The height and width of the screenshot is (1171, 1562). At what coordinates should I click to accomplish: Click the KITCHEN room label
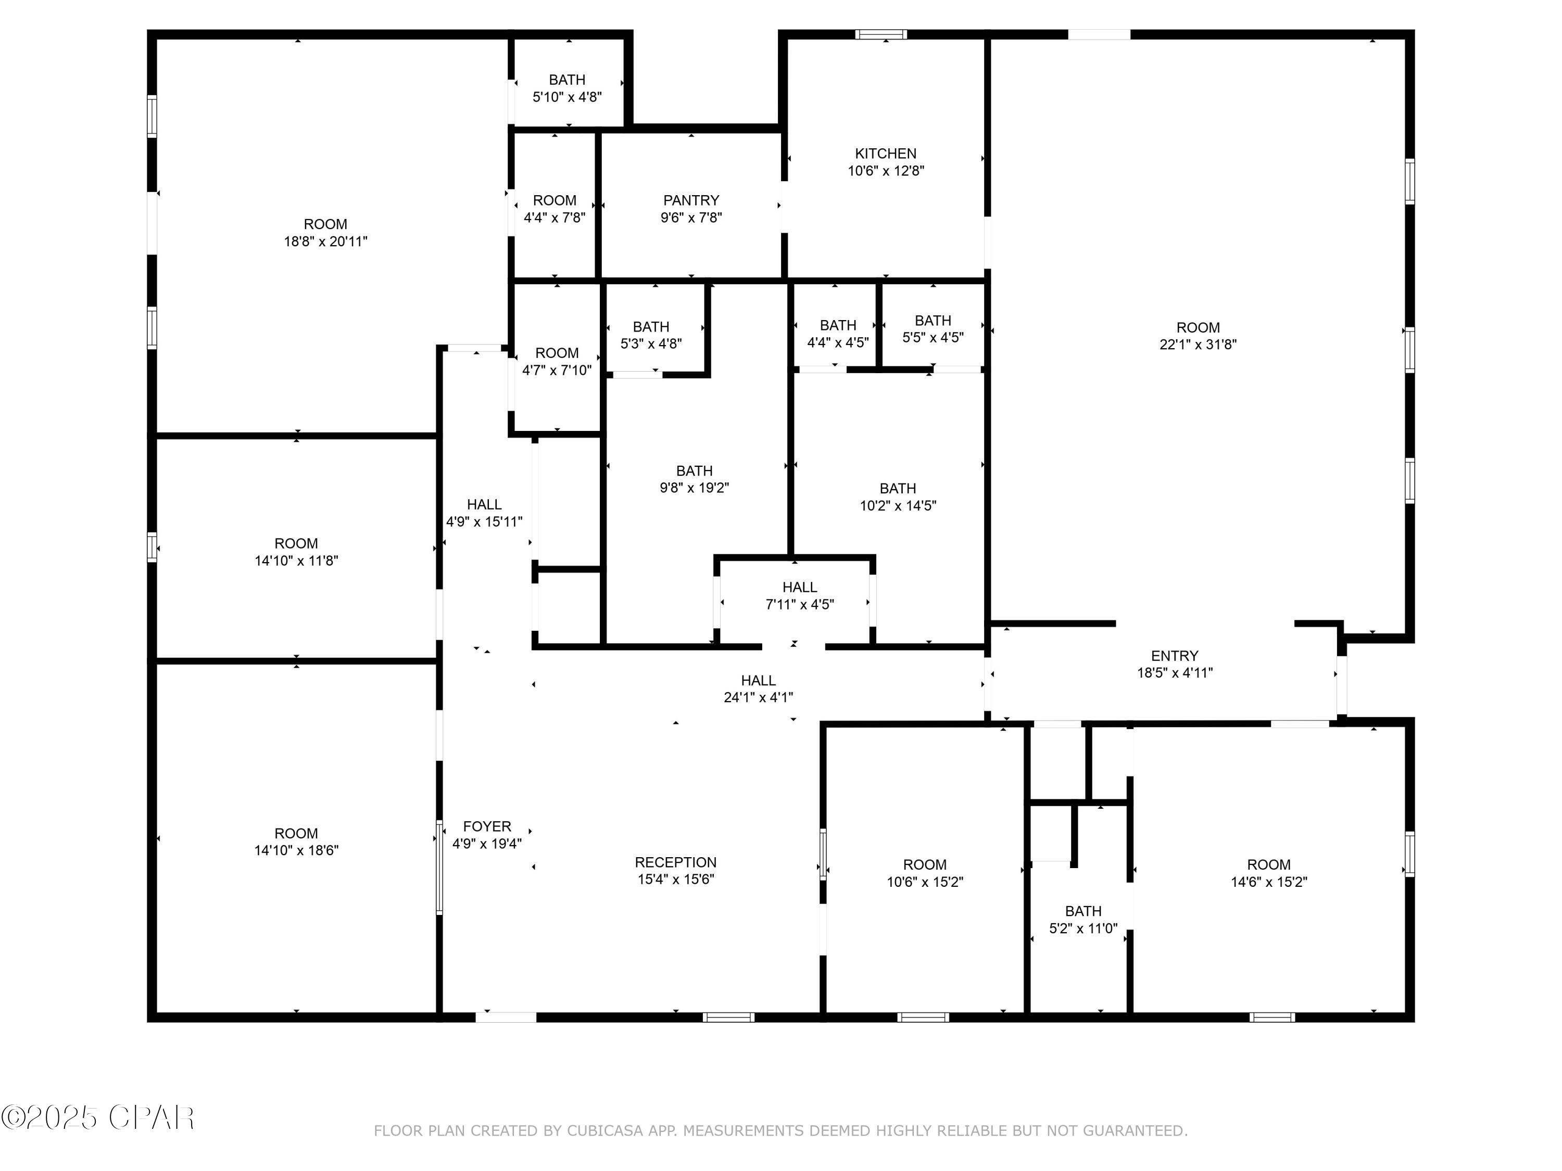click(886, 153)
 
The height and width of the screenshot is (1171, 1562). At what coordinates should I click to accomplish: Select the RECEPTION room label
click(676, 862)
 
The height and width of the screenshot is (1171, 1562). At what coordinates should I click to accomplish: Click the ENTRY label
click(1174, 656)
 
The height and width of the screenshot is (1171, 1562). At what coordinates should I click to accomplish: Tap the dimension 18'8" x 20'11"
click(325, 241)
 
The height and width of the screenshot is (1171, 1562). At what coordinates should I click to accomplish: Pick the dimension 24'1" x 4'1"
click(759, 697)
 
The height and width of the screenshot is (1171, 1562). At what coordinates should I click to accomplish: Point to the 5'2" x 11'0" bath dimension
click(1083, 928)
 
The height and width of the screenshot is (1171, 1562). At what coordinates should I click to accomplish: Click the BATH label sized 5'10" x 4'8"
click(567, 80)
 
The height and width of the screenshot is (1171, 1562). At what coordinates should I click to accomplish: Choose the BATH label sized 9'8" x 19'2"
click(694, 471)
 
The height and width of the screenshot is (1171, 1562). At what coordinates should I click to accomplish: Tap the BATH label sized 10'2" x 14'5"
click(898, 489)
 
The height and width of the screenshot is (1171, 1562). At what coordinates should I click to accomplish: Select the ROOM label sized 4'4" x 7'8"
click(555, 200)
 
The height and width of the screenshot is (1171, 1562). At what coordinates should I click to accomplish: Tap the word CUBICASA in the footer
click(604, 1131)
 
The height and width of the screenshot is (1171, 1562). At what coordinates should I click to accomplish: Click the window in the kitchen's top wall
click(881, 34)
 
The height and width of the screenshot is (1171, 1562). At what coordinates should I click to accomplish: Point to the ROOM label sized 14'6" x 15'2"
click(1268, 864)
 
